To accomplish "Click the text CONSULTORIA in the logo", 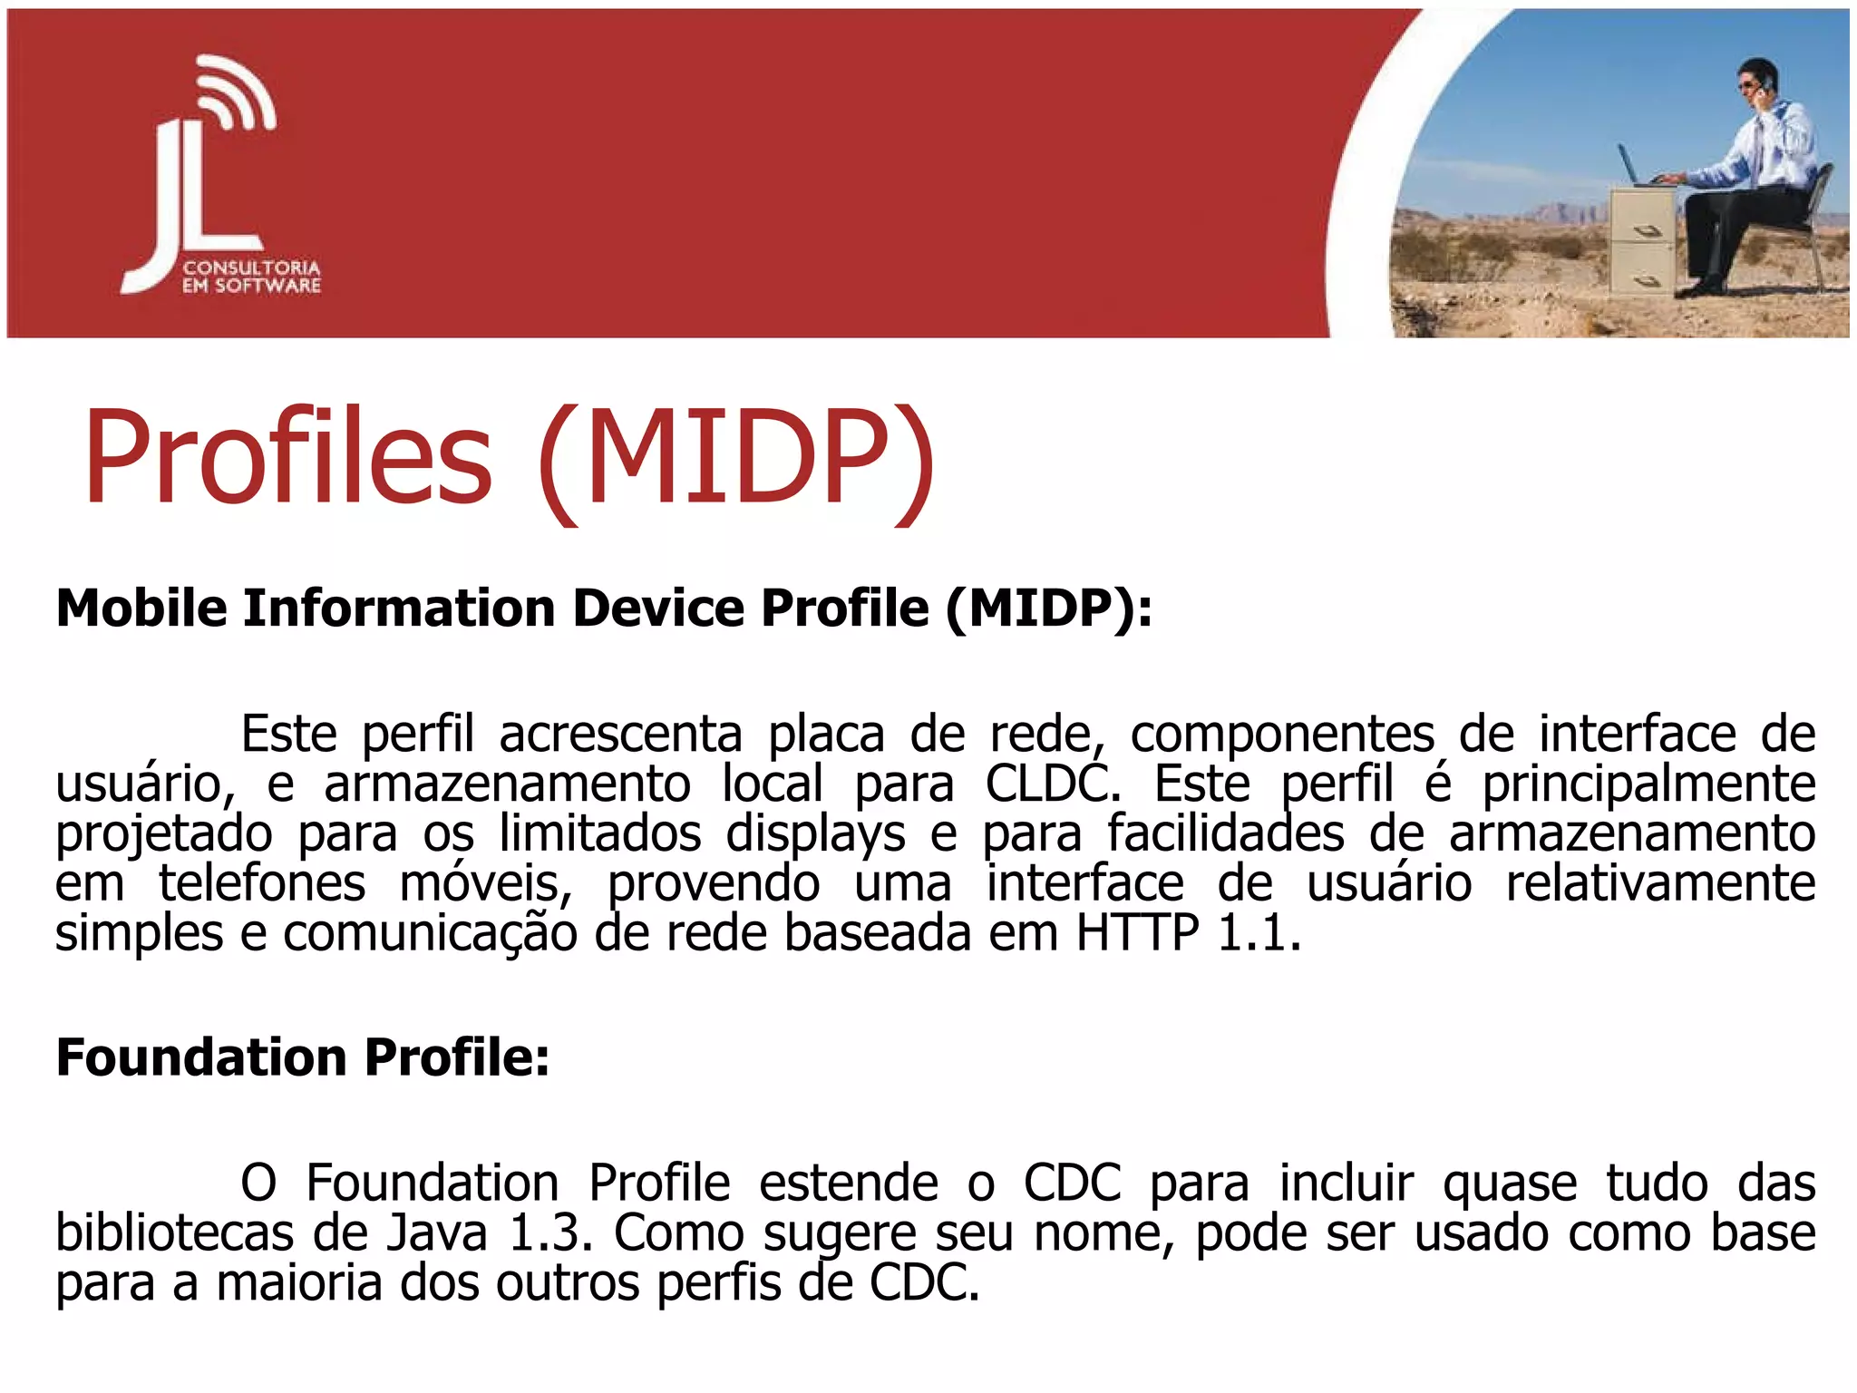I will (251, 268).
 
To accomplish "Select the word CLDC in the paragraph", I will (1052, 784).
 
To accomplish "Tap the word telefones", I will (263, 884).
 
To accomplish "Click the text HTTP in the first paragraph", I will (1137, 933).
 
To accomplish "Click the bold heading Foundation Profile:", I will (303, 1057).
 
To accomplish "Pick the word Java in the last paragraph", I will (437, 1233).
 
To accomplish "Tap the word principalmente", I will (1648, 784).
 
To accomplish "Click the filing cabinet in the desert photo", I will (1642, 240).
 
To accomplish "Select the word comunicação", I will (430, 934).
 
